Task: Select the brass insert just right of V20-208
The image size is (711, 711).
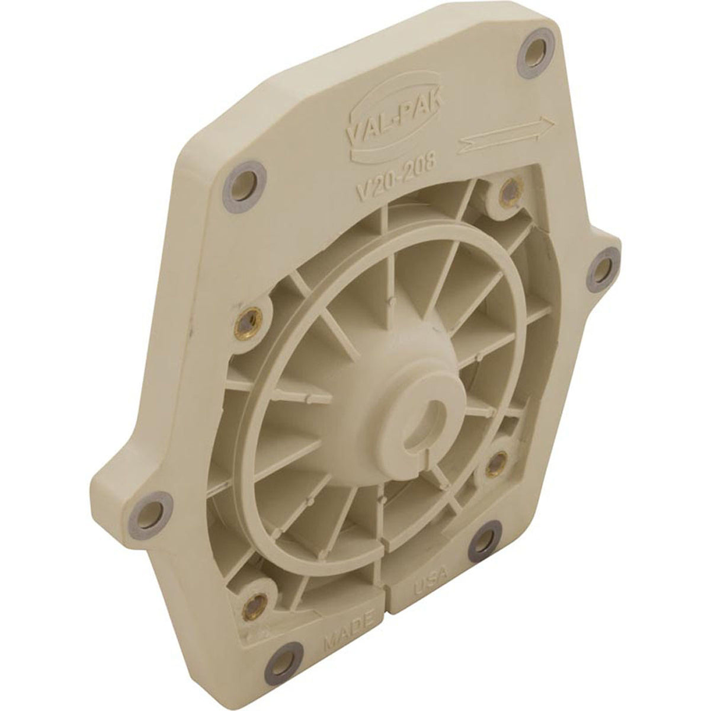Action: click(505, 190)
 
